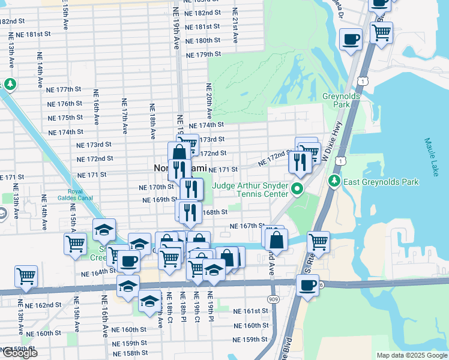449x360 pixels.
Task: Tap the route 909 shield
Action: [x=273, y=299]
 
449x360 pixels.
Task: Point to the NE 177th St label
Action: [x=64, y=89]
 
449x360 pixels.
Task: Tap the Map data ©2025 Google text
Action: [x=412, y=355]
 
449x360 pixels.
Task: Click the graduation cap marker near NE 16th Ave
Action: [x=104, y=230]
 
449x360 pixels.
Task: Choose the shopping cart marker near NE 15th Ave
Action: [x=75, y=244]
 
